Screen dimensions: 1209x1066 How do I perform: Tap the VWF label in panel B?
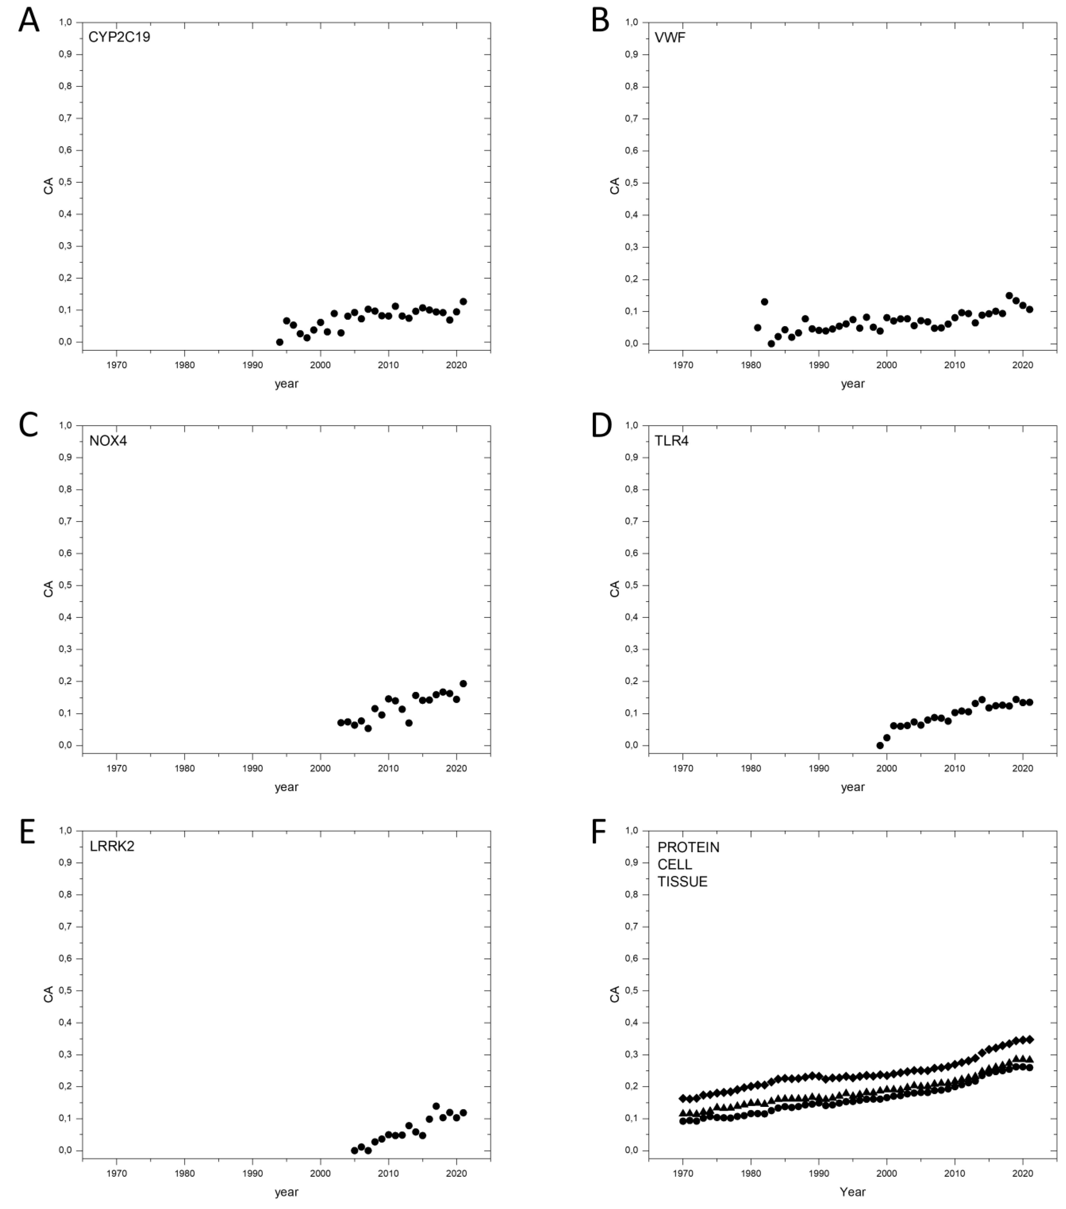tap(670, 38)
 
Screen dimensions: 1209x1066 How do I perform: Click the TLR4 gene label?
tap(671, 441)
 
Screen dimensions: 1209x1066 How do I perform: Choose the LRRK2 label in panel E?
tap(112, 846)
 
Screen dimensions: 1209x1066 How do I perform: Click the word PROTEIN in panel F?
tap(688, 847)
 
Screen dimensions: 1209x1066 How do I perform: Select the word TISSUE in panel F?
tap(682, 881)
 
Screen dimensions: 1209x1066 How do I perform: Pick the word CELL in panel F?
tap(674, 864)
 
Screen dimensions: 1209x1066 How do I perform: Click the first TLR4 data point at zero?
tap(880, 745)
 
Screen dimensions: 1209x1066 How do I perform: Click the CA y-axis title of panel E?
tap(49, 994)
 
